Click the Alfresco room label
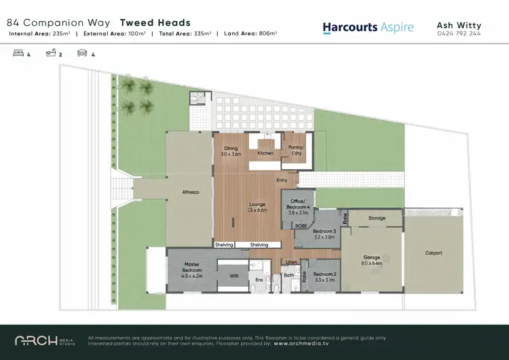click(190, 192)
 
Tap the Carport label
click(434, 253)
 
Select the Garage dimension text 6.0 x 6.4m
click(373, 263)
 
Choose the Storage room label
click(377, 218)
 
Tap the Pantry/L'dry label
click(296, 150)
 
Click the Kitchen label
click(265, 154)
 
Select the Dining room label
click(231, 151)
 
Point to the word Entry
click(282, 180)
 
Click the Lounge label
click(258, 204)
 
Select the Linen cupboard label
click(292, 262)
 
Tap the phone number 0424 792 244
click(459, 33)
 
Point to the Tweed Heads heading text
click(155, 22)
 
